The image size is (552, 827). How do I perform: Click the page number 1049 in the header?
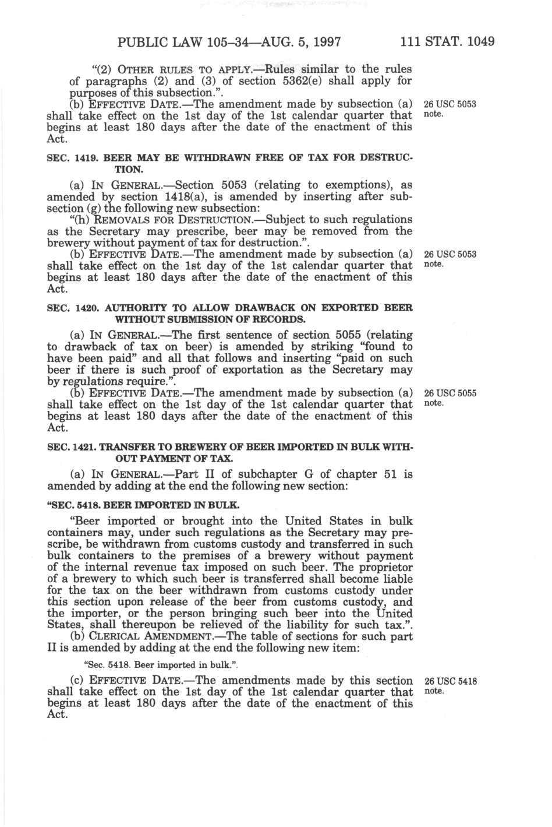(x=480, y=43)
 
